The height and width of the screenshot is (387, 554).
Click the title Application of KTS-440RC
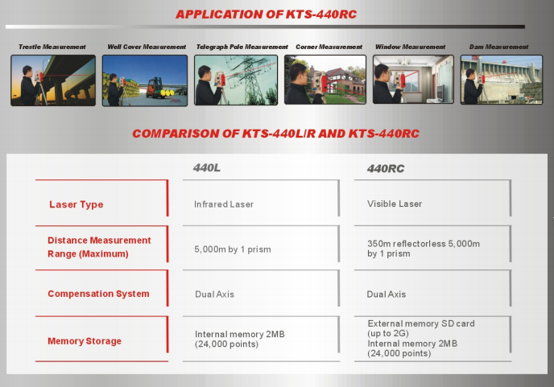point(266,14)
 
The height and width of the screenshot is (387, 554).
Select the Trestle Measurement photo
point(53,80)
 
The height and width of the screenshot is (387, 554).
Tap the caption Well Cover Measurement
point(147,47)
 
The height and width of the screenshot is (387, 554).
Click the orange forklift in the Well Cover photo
point(155,88)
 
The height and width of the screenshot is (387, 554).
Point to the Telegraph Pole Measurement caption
point(242,47)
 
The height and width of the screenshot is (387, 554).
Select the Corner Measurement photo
point(325,80)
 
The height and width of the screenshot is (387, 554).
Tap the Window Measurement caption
point(410,47)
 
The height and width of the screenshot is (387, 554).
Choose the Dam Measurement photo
point(502,80)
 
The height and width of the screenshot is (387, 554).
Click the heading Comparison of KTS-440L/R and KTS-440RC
point(276,134)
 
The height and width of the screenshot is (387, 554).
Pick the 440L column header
point(207,167)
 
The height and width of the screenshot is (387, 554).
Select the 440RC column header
point(386,168)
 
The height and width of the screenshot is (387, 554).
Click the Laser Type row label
point(76,204)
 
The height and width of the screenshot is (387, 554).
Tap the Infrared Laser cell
point(224,204)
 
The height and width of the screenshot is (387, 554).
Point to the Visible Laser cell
point(395,204)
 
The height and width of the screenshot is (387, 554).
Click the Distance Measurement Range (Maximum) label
point(99,247)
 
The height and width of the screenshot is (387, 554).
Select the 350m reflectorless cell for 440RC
point(424,249)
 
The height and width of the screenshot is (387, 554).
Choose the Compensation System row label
point(98,294)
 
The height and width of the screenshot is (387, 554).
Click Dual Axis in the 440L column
point(214,294)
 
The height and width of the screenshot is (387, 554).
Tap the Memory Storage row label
point(85,341)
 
